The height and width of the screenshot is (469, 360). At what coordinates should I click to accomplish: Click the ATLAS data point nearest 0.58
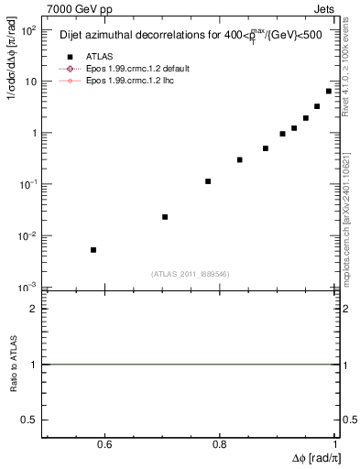click(93, 250)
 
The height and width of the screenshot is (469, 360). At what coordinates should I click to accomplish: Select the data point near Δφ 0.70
click(165, 217)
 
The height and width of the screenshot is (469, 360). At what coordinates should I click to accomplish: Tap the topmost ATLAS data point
click(329, 91)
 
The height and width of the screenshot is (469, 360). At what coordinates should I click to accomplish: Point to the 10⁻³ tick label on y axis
click(27, 288)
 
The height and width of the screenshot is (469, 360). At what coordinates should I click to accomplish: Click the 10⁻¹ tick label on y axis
click(27, 185)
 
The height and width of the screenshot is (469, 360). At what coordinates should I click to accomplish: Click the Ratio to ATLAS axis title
click(14, 365)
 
